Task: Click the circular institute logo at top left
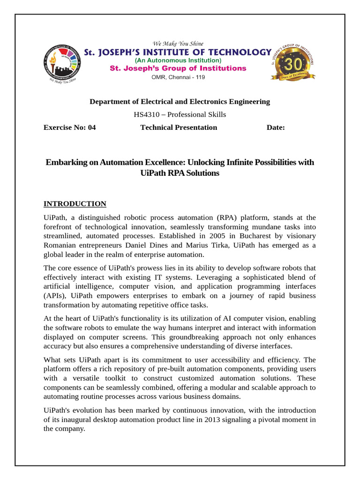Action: [x=62, y=64]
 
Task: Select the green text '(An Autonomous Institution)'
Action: [x=178, y=60]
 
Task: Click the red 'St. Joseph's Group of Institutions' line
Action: [x=178, y=68]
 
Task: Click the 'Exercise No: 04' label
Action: [x=69, y=127]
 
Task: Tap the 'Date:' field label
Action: [x=276, y=127]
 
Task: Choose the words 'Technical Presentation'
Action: [x=179, y=127]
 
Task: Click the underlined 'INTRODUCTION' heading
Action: [x=75, y=204]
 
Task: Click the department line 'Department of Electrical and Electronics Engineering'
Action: [x=180, y=102]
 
